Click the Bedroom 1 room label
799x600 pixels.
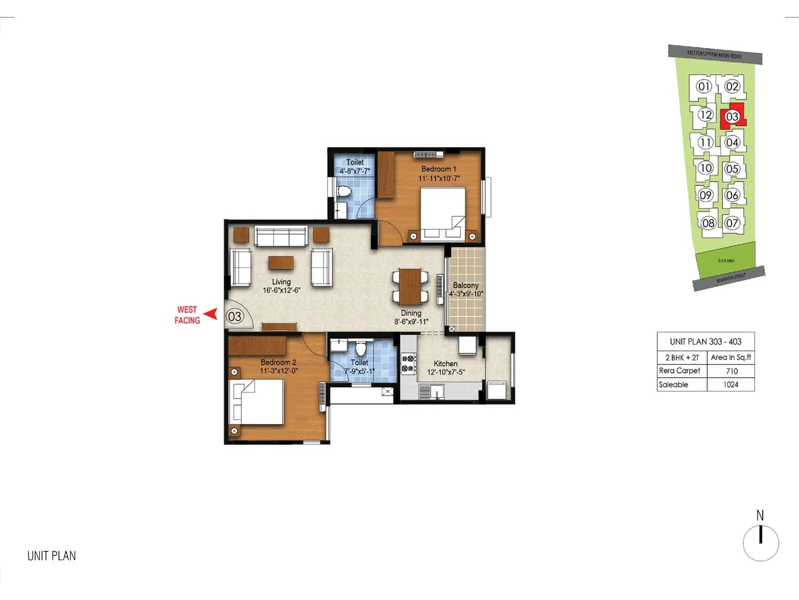tap(438, 169)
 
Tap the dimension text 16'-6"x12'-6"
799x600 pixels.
tap(282, 290)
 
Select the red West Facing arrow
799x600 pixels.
tap(212, 314)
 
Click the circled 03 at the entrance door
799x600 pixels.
tap(235, 316)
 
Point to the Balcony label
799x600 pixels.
tap(465, 285)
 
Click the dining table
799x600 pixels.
tap(410, 286)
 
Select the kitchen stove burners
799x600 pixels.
tap(408, 364)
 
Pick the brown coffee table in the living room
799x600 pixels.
tap(281, 263)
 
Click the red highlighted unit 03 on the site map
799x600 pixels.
tap(732, 116)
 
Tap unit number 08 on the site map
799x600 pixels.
tap(708, 223)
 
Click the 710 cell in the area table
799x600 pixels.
tap(732, 371)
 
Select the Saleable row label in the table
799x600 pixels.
tap(673, 384)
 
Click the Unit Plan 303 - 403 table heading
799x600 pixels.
tap(705, 341)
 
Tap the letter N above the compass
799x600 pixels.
tap(760, 515)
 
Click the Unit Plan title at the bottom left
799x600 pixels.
tap(51, 556)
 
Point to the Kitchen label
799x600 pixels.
tap(445, 363)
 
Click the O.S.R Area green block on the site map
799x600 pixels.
tap(726, 260)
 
